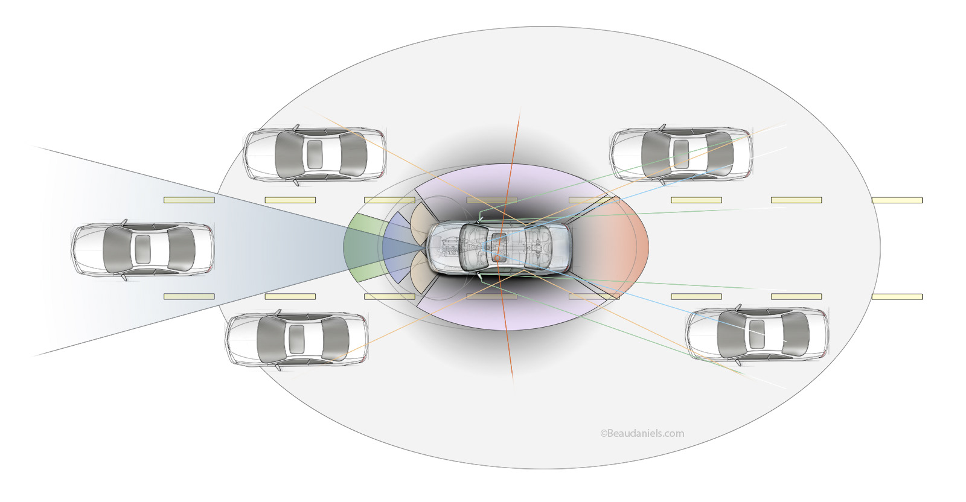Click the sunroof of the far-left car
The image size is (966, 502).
click(x=142, y=249)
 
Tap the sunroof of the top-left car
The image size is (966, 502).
click(x=315, y=154)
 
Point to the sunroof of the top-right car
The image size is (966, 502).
click(x=681, y=153)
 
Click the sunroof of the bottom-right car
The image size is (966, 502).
click(x=756, y=333)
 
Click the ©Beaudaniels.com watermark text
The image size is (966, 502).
click(x=642, y=433)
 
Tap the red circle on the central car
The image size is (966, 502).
click(x=497, y=258)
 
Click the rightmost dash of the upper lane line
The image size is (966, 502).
click(x=897, y=200)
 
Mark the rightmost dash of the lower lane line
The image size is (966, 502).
click(x=897, y=296)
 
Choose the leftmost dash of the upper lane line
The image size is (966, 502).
click(x=189, y=200)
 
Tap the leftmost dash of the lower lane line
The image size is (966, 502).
click(x=189, y=296)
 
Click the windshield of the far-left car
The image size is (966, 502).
click(x=115, y=249)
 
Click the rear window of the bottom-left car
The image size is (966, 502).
click(x=334, y=338)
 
